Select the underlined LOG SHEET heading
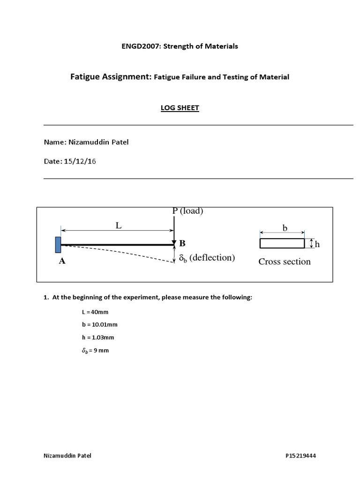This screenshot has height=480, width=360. (x=180, y=108)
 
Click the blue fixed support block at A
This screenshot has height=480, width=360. (x=58, y=244)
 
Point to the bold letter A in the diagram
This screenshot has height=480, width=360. (x=62, y=262)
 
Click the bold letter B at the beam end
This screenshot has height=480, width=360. (x=182, y=243)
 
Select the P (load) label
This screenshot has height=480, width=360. (x=187, y=211)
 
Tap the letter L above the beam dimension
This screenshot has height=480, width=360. (x=119, y=225)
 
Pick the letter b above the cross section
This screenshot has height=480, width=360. (x=284, y=227)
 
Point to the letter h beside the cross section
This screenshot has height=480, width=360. (x=317, y=244)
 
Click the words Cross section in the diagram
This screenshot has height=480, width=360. (x=285, y=262)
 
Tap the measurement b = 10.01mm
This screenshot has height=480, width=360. (x=98, y=324)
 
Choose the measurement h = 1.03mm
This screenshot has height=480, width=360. (x=97, y=337)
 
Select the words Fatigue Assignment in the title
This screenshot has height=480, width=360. (x=110, y=77)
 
